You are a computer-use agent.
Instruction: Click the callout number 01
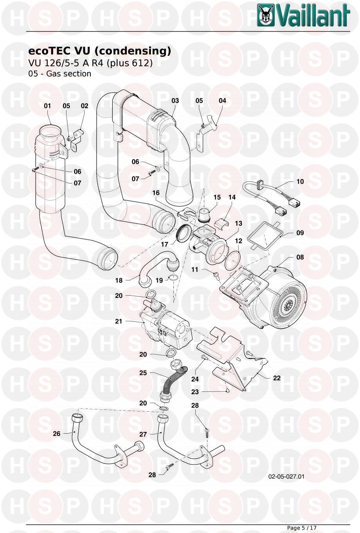pyautogui.click(x=48, y=106)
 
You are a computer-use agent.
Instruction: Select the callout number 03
pyautogui.click(x=175, y=100)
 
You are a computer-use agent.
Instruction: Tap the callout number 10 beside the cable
pyautogui.click(x=300, y=181)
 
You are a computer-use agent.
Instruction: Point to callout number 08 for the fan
pyautogui.click(x=300, y=257)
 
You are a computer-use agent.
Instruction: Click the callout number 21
pyautogui.click(x=119, y=321)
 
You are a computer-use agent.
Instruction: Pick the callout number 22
pyautogui.click(x=277, y=378)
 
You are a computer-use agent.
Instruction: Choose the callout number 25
pyautogui.click(x=143, y=373)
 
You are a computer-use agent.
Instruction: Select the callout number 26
pyautogui.click(x=57, y=433)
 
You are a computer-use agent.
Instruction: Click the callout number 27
pyautogui.click(x=143, y=434)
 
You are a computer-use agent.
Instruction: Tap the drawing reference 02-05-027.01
pyautogui.click(x=286, y=477)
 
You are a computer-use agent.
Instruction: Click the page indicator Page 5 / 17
pyautogui.click(x=302, y=528)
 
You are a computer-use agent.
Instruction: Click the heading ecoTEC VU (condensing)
pyautogui.click(x=100, y=51)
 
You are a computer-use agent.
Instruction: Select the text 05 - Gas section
pyautogui.click(x=60, y=74)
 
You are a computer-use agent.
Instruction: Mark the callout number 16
pyautogui.click(x=156, y=193)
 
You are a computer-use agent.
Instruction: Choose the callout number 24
pyautogui.click(x=195, y=379)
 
